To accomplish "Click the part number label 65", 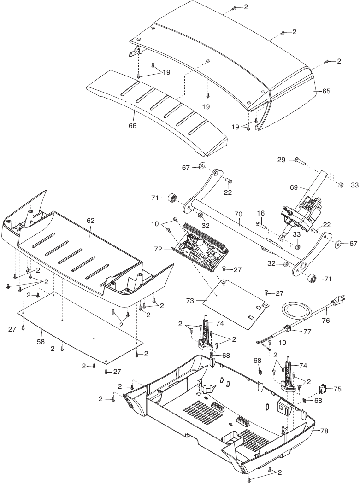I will point(326,91).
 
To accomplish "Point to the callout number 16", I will point(260,214).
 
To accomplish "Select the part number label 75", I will point(337,389).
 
